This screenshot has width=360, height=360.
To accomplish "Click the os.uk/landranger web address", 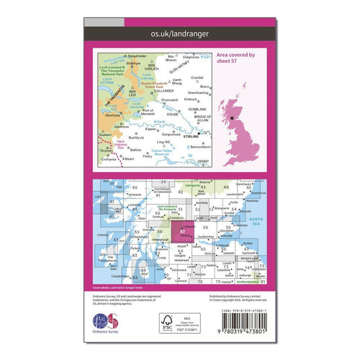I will [180, 31].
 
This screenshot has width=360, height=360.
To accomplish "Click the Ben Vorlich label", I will [153, 67].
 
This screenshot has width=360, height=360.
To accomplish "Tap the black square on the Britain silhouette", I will [233, 120].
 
